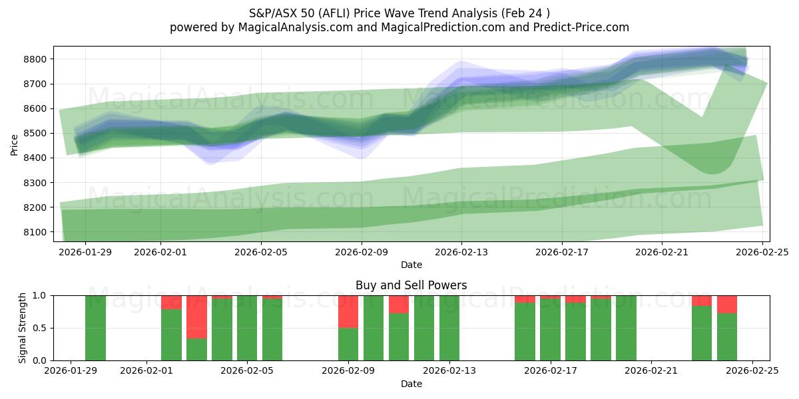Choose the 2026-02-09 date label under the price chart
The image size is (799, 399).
coord(362,252)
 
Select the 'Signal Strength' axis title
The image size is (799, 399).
coord(22,328)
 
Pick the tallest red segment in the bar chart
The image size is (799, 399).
coord(196,317)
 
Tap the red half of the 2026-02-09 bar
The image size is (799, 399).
coord(348,311)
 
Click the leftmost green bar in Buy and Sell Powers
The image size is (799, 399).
coord(95,328)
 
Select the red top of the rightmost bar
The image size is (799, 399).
coord(727,304)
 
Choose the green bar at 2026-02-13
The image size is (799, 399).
coord(449,328)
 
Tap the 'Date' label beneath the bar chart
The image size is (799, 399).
coord(411,384)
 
